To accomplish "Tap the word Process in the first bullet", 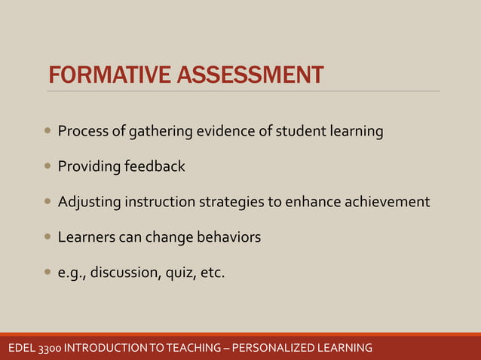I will click(x=82, y=132).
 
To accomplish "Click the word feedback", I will click(x=154, y=166).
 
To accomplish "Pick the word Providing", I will click(x=89, y=166).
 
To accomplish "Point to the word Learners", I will click(x=87, y=237).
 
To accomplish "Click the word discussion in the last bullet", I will click(x=125, y=273).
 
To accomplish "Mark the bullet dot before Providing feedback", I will click(x=48, y=166).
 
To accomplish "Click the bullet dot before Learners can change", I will click(x=48, y=237).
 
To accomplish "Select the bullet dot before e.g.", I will click(x=48, y=272).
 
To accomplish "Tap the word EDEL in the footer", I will click(x=20, y=348).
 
